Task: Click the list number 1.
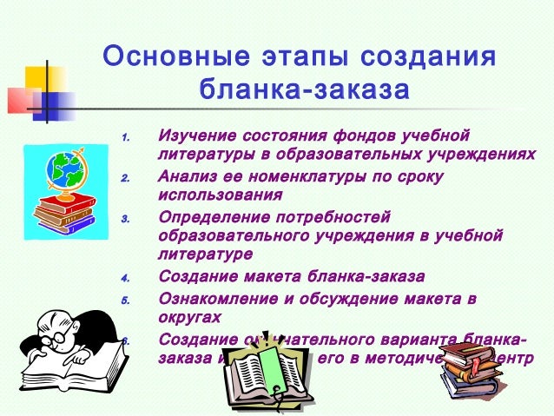(125, 138)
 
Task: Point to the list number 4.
(125, 279)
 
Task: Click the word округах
(189, 318)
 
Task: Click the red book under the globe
(64, 205)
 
